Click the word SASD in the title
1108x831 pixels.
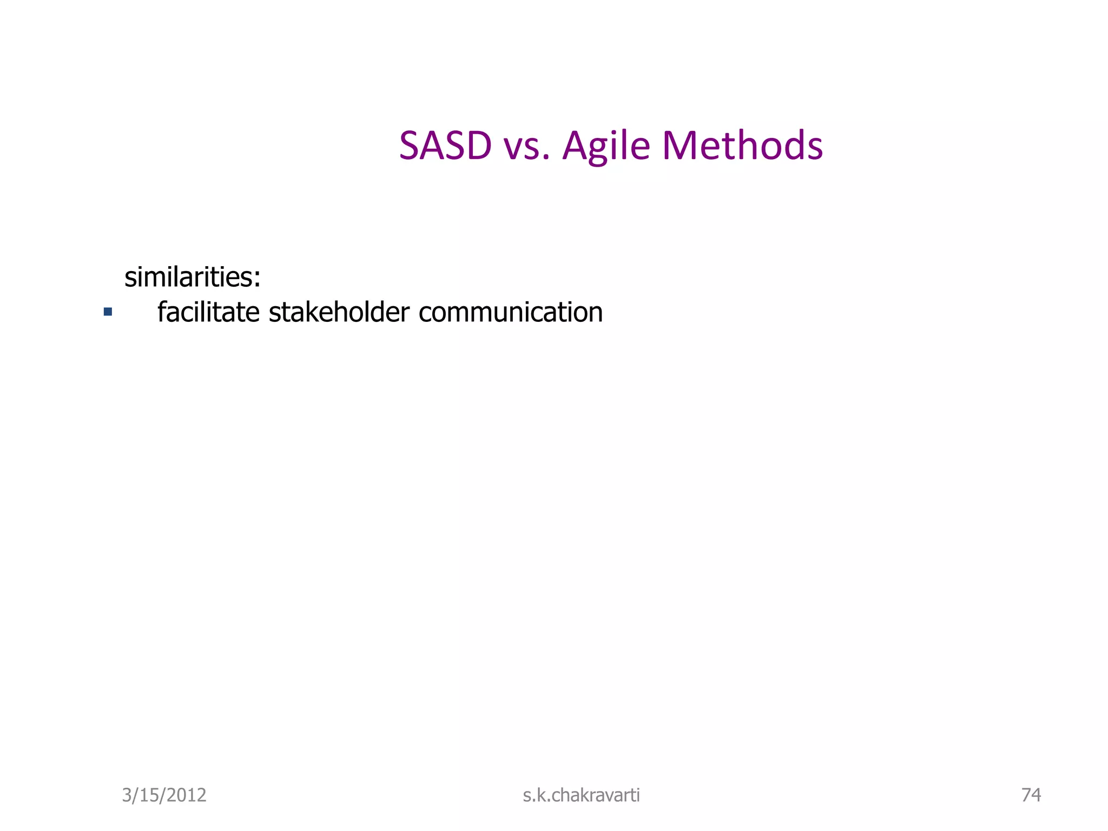(x=445, y=146)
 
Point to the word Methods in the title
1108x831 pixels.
(x=742, y=146)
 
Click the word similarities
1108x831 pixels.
(x=189, y=277)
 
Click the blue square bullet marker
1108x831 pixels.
(x=108, y=312)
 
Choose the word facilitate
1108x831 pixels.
(x=208, y=312)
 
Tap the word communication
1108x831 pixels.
(x=510, y=312)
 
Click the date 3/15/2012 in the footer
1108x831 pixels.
(x=164, y=795)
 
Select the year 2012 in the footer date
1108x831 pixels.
(x=187, y=795)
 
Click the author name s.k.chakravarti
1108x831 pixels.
(x=581, y=795)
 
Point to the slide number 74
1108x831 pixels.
(x=1031, y=794)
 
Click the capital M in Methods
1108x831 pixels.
(x=680, y=146)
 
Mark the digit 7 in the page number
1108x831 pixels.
(x=1026, y=794)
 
